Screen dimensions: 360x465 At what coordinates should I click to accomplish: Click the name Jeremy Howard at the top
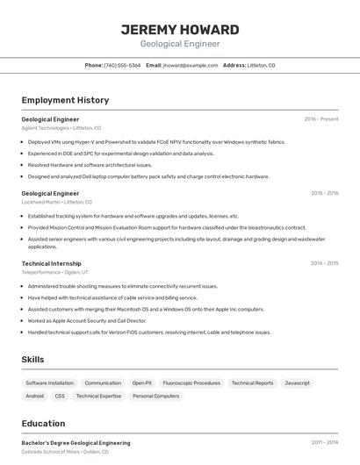pyautogui.click(x=180, y=29)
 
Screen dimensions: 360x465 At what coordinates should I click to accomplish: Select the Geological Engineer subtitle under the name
pyautogui.click(x=180, y=44)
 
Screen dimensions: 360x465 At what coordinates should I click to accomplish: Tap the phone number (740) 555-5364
pyautogui.click(x=122, y=66)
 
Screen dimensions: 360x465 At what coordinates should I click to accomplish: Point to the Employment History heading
pyautogui.click(x=65, y=100)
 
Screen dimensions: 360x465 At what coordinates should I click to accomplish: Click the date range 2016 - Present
pyautogui.click(x=321, y=118)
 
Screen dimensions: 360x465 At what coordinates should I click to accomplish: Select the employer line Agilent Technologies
pyautogui.click(x=61, y=127)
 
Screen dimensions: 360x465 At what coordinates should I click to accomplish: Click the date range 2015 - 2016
pyautogui.click(x=325, y=193)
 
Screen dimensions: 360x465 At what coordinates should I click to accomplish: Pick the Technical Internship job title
pyautogui.click(x=51, y=263)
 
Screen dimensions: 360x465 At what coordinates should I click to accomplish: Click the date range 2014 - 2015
pyautogui.click(x=325, y=263)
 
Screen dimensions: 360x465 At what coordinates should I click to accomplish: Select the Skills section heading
pyautogui.click(x=32, y=360)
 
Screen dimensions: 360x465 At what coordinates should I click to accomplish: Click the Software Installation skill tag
pyautogui.click(x=49, y=383)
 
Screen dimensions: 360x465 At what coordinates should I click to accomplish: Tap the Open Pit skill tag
pyautogui.click(x=142, y=383)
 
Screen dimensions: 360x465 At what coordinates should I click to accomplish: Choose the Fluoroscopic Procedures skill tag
pyautogui.click(x=191, y=383)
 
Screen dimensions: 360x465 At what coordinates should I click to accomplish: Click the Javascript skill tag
pyautogui.click(x=297, y=383)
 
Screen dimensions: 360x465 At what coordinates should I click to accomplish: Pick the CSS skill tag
pyautogui.click(x=60, y=397)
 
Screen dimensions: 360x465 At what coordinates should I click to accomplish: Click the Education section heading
pyautogui.click(x=43, y=423)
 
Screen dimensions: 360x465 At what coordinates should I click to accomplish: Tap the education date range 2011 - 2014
pyautogui.click(x=325, y=443)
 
